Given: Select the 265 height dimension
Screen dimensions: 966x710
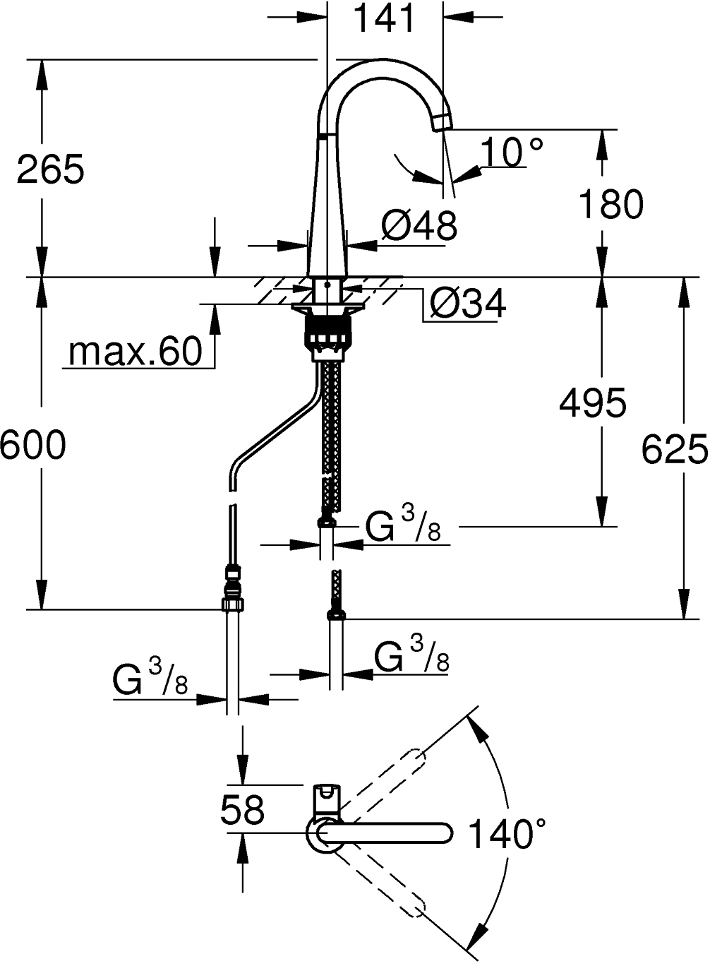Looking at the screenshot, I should (50, 169).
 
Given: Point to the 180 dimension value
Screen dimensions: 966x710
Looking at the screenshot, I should (610, 204).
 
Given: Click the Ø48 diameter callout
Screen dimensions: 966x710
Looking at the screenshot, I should (419, 226).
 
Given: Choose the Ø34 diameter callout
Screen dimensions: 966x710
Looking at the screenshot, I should (467, 304).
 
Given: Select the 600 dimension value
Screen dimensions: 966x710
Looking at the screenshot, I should (32, 445).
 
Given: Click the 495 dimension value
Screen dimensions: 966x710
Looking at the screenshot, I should (592, 402).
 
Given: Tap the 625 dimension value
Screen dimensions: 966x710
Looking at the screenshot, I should (675, 449).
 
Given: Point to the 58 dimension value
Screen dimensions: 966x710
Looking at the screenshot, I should (242, 809).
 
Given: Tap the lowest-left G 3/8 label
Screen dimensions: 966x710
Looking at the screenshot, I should (150, 680).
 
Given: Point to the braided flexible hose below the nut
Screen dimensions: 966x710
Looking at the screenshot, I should (330, 424).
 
